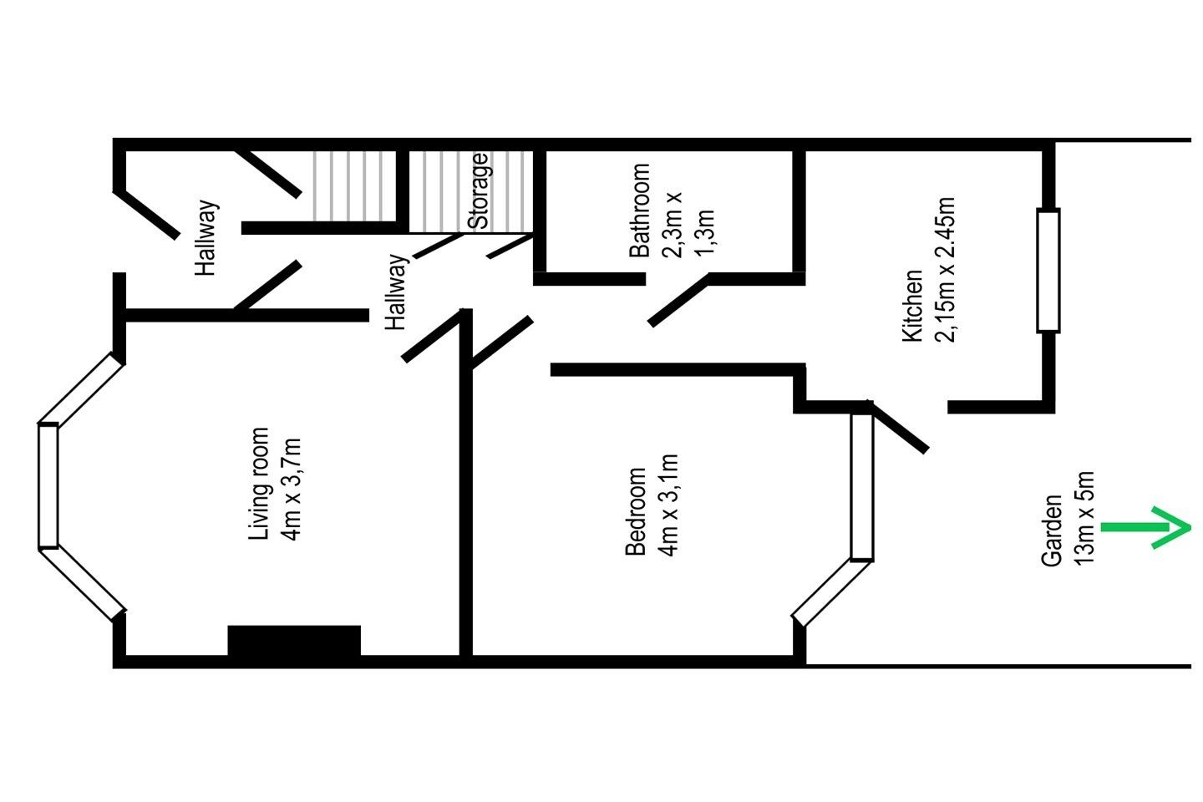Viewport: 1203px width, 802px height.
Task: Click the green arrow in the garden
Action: coord(1145,527)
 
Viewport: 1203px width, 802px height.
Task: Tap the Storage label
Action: coord(478,191)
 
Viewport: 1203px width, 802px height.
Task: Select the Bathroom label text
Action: coord(640,211)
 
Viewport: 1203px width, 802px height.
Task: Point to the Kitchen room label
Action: coord(912,306)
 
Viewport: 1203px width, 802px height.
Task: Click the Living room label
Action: coord(258,484)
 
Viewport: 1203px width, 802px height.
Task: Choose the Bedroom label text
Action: coord(636,511)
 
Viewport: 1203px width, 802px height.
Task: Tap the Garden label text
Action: coord(1052,530)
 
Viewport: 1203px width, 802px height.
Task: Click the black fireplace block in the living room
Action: coord(294,641)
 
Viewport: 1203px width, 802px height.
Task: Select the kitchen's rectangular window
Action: coord(1048,270)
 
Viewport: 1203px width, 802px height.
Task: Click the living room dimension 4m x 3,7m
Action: coord(291,490)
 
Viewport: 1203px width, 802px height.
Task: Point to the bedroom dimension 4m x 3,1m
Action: coord(668,505)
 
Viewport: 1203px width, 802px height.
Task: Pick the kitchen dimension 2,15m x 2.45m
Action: coord(945,270)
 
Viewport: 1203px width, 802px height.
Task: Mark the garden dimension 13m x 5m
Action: coord(1084,518)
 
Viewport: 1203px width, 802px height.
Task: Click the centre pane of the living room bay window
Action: coord(48,486)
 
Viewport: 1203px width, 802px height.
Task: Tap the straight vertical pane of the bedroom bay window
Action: coord(862,488)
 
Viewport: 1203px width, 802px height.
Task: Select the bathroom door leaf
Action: coord(678,301)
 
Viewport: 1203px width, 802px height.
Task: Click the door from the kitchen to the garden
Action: coord(897,428)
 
